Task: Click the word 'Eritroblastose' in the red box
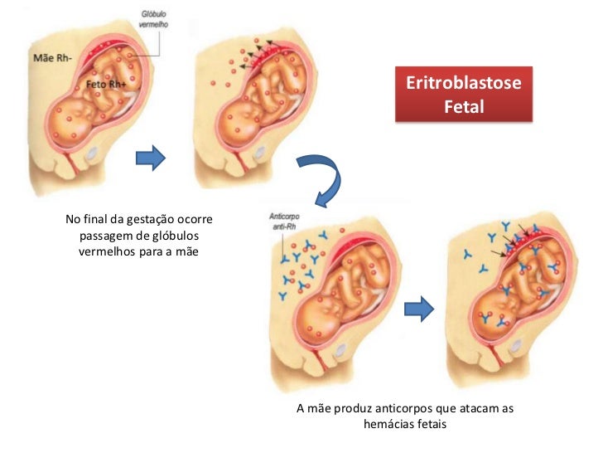click(463, 86)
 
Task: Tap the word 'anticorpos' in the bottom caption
click(405, 410)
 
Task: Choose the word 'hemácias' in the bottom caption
click(388, 425)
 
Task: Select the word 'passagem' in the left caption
click(105, 236)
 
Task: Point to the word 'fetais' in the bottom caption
click(431, 425)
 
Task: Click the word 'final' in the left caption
click(98, 220)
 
